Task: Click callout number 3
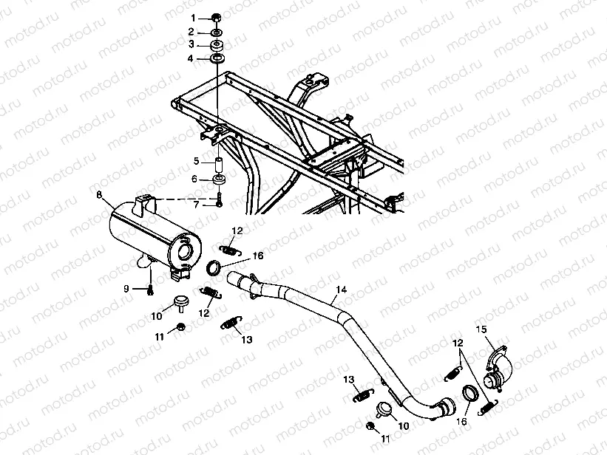[191, 45]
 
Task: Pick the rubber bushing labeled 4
[217, 59]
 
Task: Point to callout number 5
[196, 160]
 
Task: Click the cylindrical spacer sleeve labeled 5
[219, 162]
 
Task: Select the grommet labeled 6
[219, 179]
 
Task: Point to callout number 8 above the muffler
[98, 194]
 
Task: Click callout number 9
[126, 287]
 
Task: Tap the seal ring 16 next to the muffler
[212, 267]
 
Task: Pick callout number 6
[196, 178]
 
